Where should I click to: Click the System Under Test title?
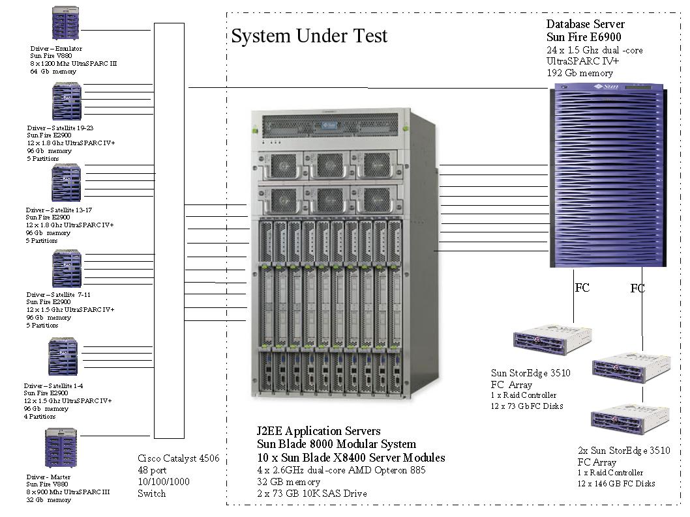(x=309, y=36)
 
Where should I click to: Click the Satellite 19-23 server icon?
(x=67, y=102)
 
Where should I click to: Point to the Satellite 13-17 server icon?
(x=66, y=183)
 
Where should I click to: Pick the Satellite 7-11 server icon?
(x=66, y=268)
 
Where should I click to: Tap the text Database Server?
(x=585, y=25)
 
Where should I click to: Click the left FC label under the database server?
(x=582, y=287)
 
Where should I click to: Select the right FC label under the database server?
(x=638, y=288)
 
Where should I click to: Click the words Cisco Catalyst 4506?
(x=178, y=458)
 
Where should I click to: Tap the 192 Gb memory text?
(x=580, y=74)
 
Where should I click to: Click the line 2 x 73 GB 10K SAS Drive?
(x=312, y=494)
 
